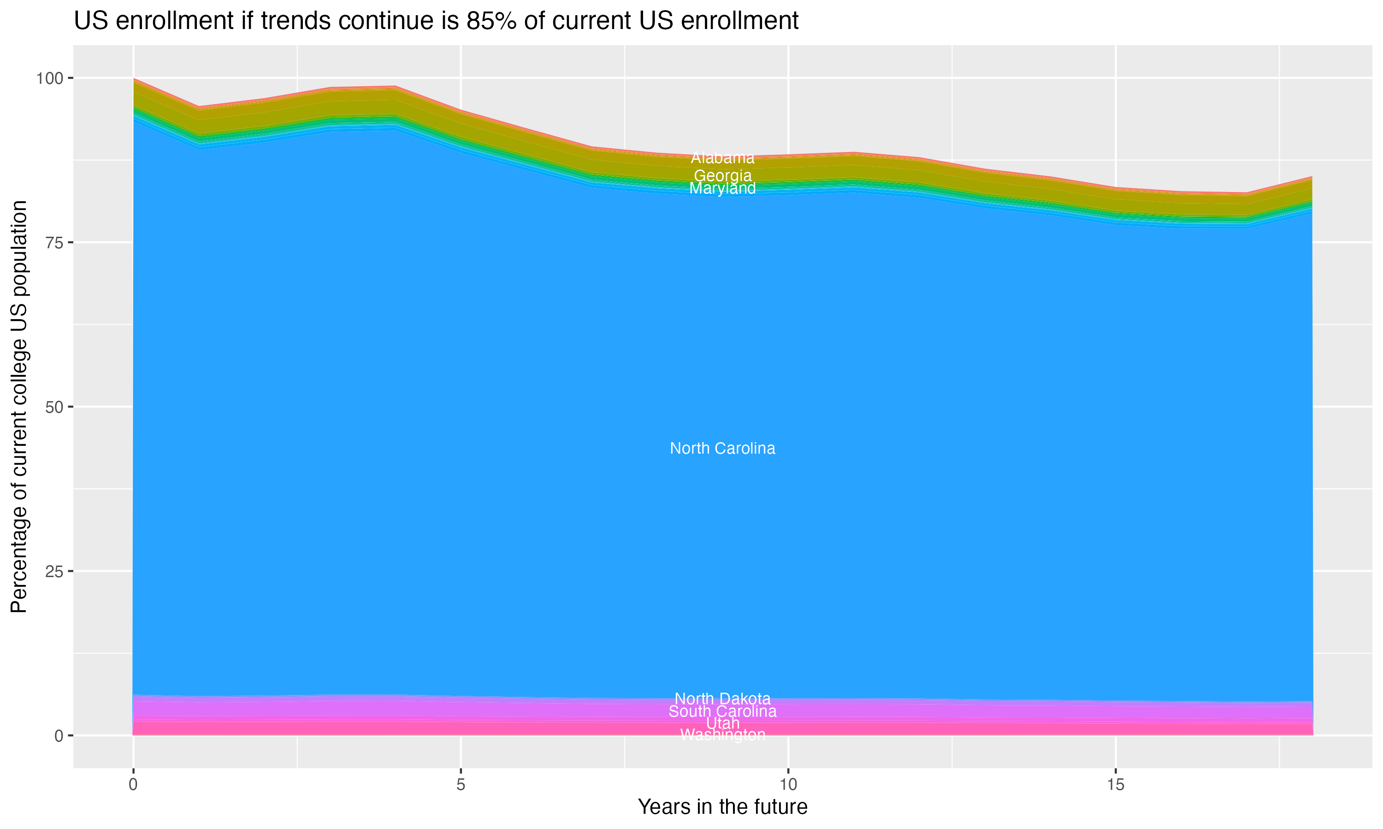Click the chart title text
[436, 21]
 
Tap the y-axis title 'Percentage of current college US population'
[19, 406]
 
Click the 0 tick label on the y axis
[59, 736]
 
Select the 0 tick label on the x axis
[133, 785]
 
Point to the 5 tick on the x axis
[461, 785]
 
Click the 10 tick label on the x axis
[788, 785]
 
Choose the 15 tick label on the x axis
[1115, 785]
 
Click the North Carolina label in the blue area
[722, 449]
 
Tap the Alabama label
[722, 158]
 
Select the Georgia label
[722, 175]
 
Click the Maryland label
[722, 188]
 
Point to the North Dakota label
[722, 699]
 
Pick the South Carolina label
[722, 712]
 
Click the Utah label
[722, 724]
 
